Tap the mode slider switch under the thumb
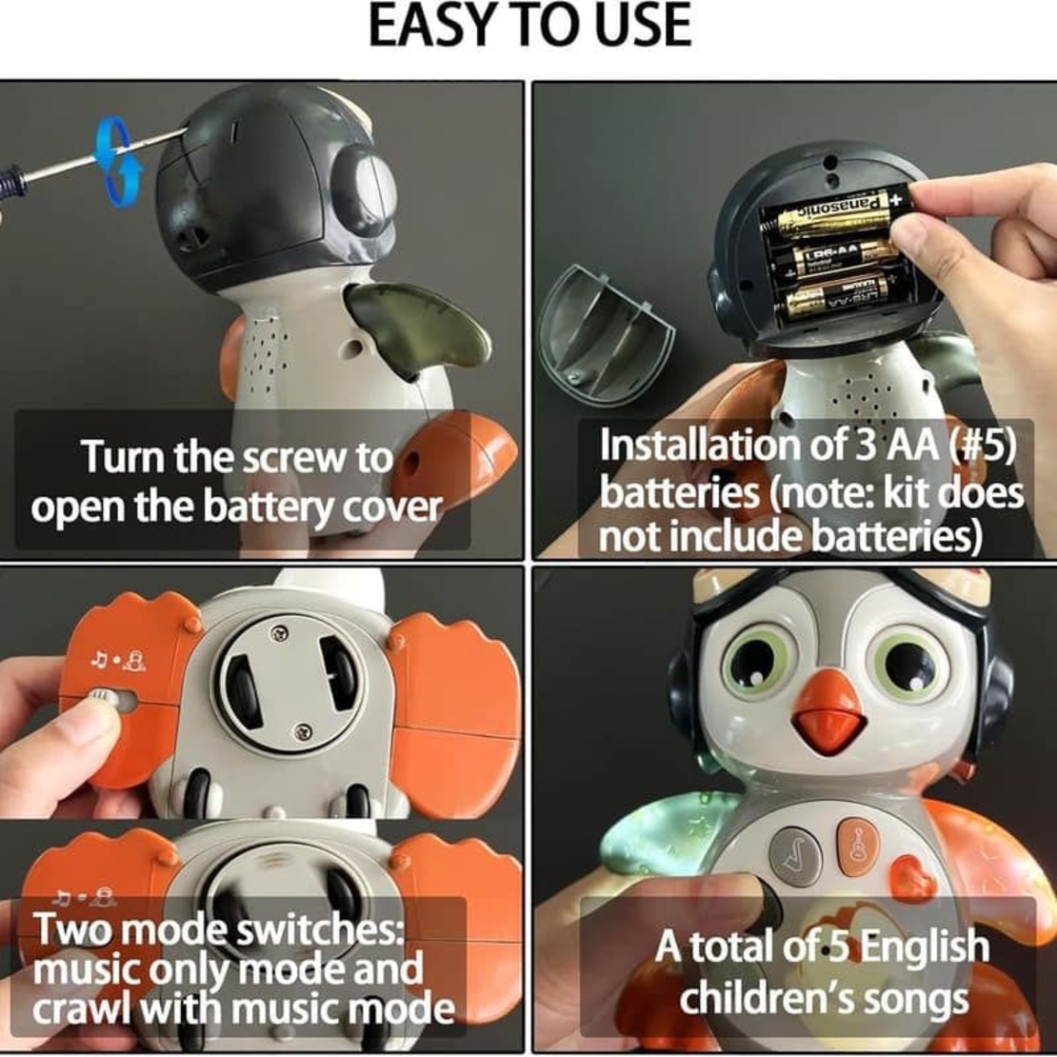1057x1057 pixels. click(99, 700)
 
